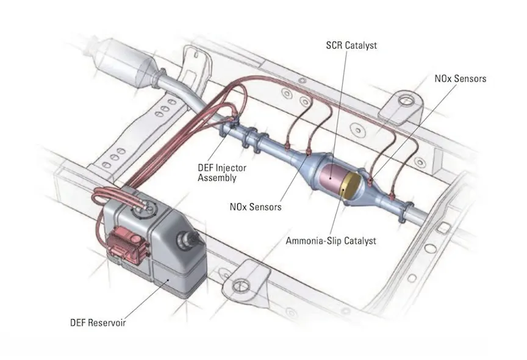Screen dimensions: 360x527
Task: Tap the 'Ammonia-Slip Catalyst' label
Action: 331,240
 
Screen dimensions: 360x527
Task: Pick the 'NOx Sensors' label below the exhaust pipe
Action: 256,207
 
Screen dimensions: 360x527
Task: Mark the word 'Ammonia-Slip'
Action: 312,240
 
